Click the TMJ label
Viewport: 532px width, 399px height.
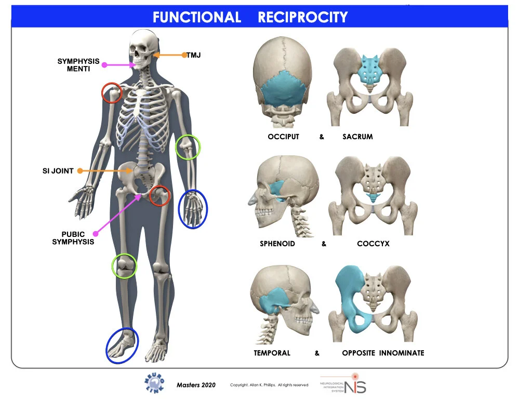[193, 55]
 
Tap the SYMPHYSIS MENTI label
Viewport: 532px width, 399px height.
[78, 65]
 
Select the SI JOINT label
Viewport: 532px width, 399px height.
[58, 170]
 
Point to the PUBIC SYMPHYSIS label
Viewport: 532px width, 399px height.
[73, 238]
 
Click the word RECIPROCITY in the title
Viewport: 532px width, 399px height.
[302, 17]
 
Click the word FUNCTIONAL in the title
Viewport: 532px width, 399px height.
[197, 17]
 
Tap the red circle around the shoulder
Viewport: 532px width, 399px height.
[112, 92]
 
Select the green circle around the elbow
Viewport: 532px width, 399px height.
[188, 147]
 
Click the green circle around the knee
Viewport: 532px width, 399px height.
[125, 265]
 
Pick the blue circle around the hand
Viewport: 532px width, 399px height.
[193, 209]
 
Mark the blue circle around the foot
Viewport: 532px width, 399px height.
[123, 345]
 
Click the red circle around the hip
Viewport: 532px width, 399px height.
[159, 195]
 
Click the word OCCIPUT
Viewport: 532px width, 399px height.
[283, 137]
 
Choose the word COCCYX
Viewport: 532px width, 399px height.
[373, 244]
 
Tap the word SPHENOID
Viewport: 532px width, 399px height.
[277, 244]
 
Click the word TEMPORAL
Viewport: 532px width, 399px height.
[272, 353]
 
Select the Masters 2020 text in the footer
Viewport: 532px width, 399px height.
[195, 385]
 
